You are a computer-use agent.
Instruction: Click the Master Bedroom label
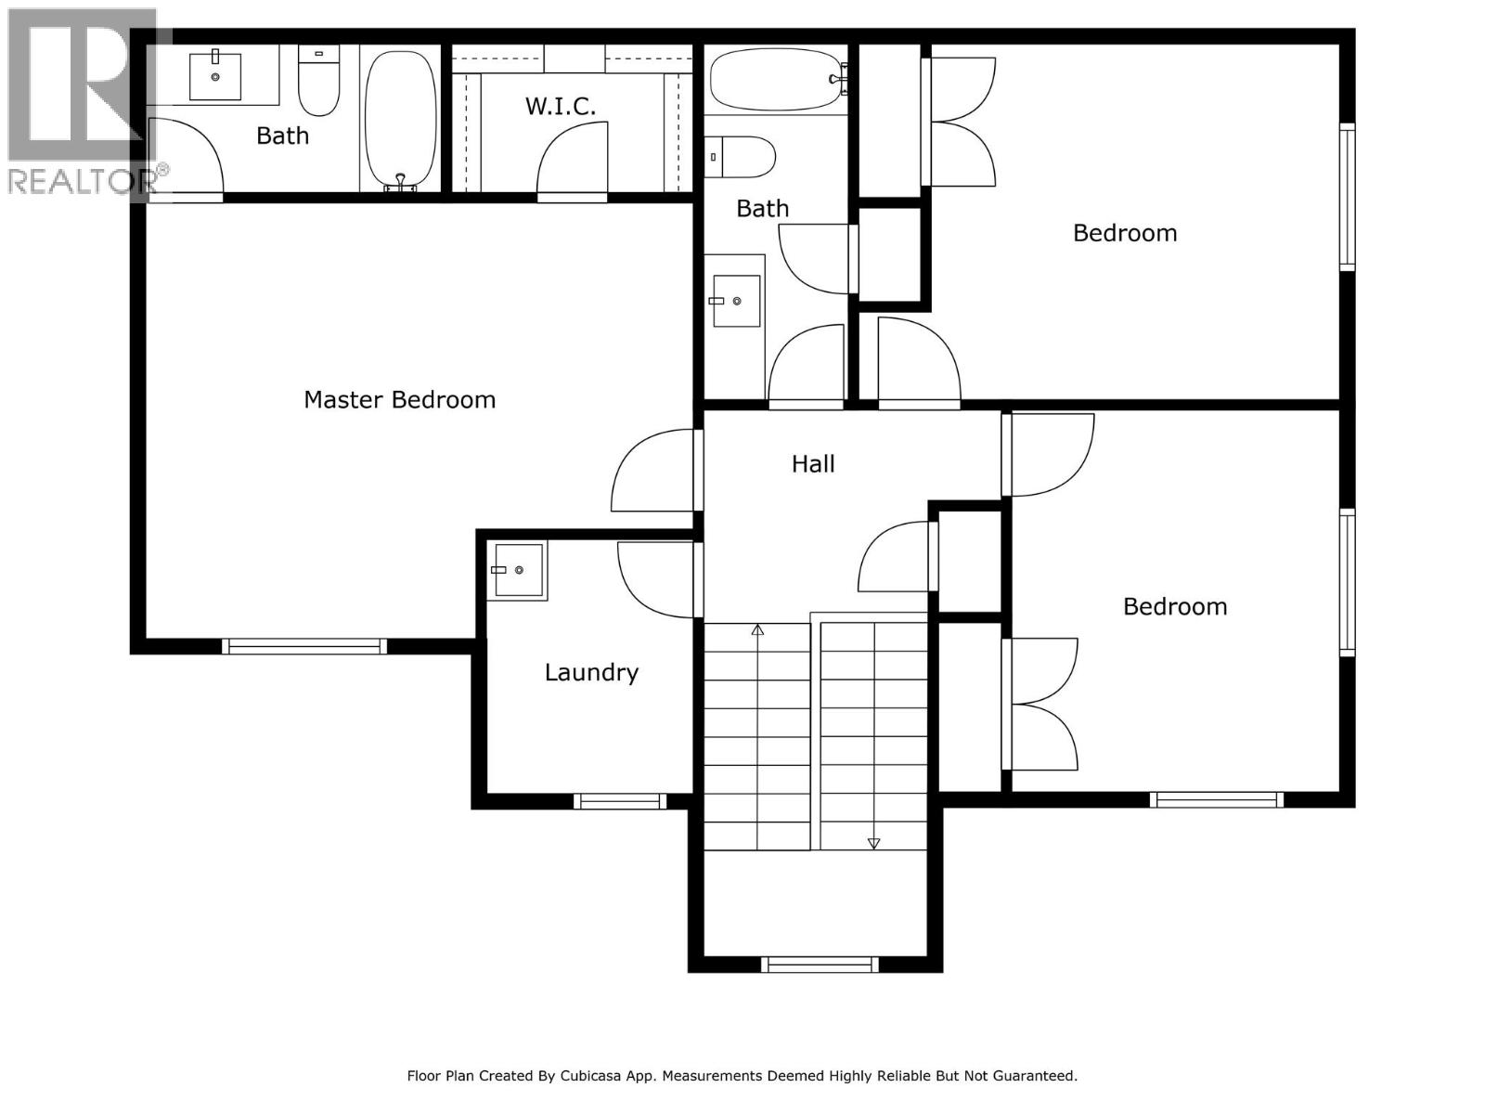[399, 400]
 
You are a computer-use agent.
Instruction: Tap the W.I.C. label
[561, 107]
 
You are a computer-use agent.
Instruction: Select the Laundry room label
[591, 672]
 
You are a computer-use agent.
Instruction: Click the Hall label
[813, 464]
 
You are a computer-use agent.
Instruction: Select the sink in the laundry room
[518, 569]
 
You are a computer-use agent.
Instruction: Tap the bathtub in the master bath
[400, 118]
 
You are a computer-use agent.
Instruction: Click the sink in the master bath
[215, 76]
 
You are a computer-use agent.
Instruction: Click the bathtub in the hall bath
[776, 79]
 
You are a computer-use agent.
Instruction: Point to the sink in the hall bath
[736, 301]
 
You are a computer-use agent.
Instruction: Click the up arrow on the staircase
[757, 630]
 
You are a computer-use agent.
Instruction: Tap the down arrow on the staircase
[873, 843]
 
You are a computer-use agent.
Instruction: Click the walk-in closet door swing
[574, 162]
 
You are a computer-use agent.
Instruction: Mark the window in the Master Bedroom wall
[304, 646]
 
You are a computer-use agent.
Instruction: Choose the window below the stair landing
[820, 965]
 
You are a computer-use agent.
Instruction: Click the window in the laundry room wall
[619, 801]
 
